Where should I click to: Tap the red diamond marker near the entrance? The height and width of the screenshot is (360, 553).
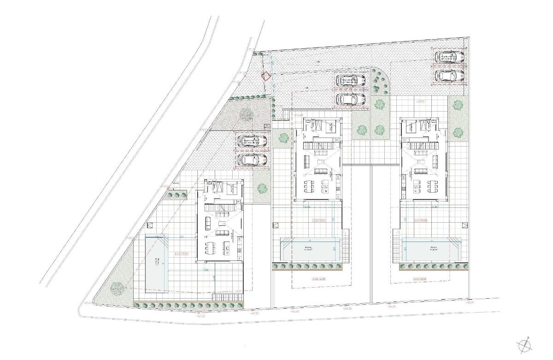point(265,77)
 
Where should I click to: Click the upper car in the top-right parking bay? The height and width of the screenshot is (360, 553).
point(449,57)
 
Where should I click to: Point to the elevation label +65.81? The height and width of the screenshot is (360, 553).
point(470,303)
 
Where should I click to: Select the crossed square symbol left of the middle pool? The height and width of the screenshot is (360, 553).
point(276,225)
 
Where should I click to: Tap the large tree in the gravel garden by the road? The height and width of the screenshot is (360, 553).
point(245,113)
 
